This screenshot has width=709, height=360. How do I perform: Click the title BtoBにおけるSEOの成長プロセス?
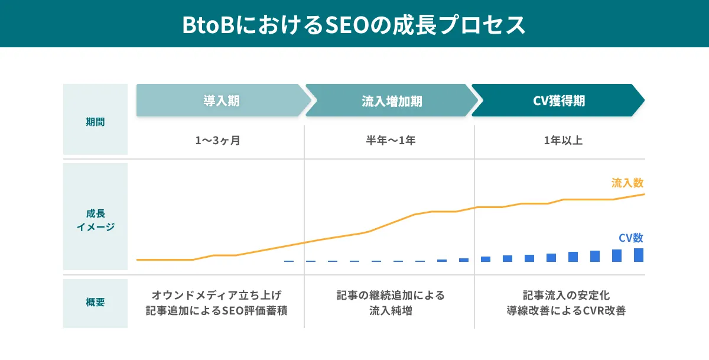[x=354, y=25]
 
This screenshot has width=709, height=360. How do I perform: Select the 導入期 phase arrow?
[x=221, y=100]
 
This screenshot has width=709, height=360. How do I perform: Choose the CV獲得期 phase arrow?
[x=558, y=100]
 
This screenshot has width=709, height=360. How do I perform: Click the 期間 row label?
[x=95, y=122]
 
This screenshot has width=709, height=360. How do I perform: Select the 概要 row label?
[x=95, y=303]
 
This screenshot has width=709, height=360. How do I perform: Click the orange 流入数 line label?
[x=627, y=183]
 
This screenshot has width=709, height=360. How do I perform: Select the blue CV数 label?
[x=630, y=238]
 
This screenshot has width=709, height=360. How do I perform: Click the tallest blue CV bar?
[x=638, y=255]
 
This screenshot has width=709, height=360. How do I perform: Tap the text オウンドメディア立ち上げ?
[x=217, y=294]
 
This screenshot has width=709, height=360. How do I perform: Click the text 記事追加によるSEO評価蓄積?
[x=217, y=311]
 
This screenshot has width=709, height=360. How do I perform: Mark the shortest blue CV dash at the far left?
[x=288, y=261]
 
